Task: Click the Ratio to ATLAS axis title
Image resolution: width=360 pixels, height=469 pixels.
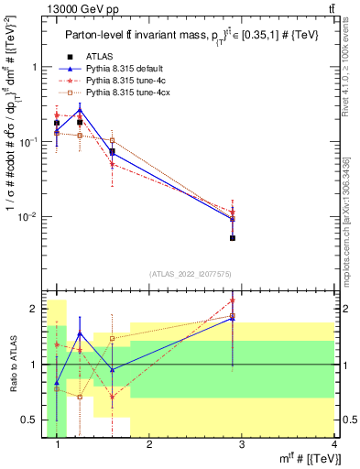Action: pyautogui.click(x=14, y=364)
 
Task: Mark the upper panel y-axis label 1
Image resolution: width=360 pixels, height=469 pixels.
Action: pyautogui.click(x=37, y=67)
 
